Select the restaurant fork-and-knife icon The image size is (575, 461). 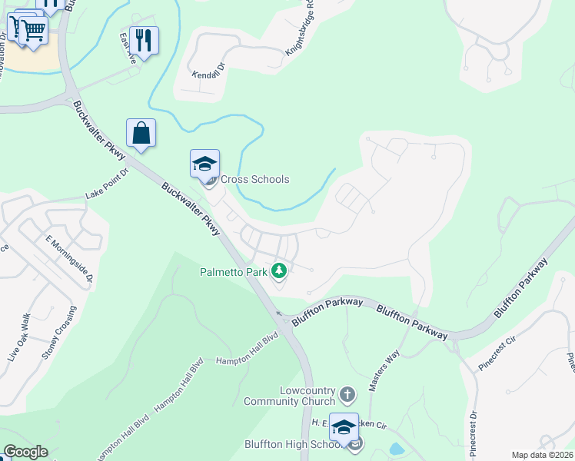pyautogui.click(x=144, y=38)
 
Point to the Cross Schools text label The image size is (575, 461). pyautogui.click(x=255, y=179)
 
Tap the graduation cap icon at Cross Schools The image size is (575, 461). pyautogui.click(x=205, y=164)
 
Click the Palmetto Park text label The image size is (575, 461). pyautogui.click(x=233, y=271)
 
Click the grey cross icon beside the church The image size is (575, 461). pyautogui.click(x=347, y=395)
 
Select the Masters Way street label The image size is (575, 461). pyautogui.click(x=384, y=370)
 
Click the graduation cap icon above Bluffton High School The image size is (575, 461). pyautogui.click(x=344, y=426)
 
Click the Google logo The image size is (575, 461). pyautogui.click(x=25, y=452)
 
